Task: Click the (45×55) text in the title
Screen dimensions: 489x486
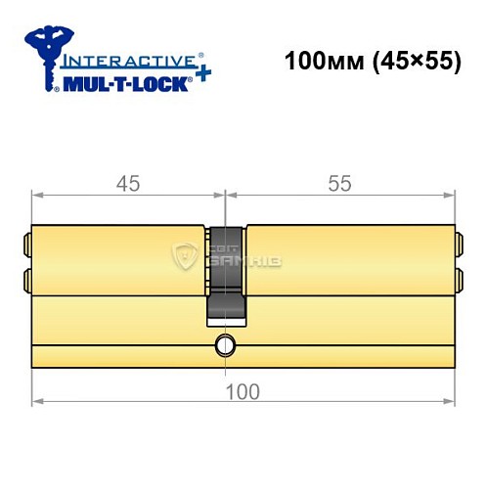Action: pyautogui.click(x=410, y=61)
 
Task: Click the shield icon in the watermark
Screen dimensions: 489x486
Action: pyautogui.click(x=185, y=258)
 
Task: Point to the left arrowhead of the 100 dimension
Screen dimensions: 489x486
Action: pyautogui.click(x=37, y=400)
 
